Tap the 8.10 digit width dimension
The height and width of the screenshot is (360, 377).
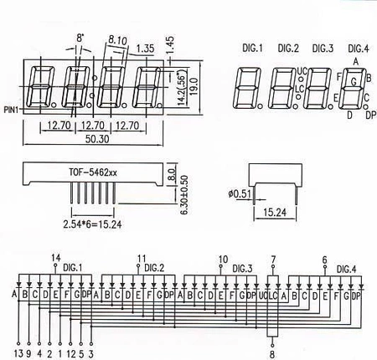(117, 39)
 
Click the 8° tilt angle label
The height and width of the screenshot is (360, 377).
(80, 38)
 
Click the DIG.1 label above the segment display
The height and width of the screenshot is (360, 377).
(250, 48)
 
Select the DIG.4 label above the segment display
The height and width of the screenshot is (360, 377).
(357, 48)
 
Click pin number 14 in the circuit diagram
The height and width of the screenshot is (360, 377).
(56, 256)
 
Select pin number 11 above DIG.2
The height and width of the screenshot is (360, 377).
(141, 258)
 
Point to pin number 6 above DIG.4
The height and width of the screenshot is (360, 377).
(324, 260)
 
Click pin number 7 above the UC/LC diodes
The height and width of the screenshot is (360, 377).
(272, 259)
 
